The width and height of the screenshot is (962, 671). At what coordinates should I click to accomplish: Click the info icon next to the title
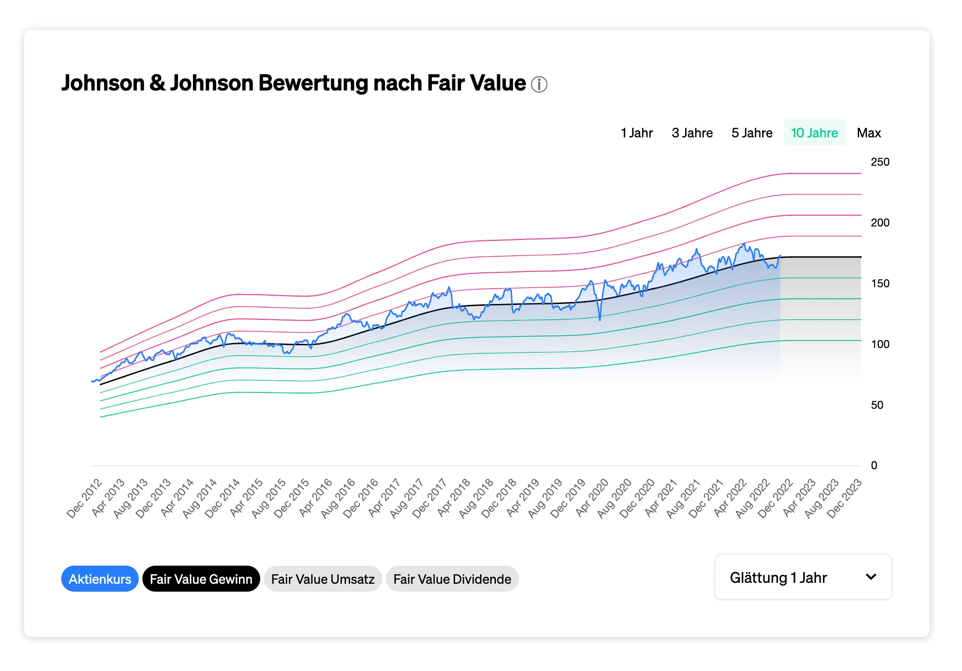pos(539,84)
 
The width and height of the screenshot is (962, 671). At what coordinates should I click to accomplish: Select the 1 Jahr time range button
pos(636,133)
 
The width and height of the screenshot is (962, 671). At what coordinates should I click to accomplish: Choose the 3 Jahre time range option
pos(692,133)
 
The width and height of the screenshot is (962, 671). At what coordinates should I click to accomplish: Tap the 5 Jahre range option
pos(752,133)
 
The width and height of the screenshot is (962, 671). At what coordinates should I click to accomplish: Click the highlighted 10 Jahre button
pos(814,133)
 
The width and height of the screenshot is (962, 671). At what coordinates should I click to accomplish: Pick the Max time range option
pos(869,133)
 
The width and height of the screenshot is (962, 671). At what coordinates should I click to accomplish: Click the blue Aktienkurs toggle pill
pos(100,579)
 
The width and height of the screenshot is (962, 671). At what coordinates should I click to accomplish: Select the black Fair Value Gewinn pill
pos(201,579)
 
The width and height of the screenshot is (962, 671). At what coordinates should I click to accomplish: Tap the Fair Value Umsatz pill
pos(323,579)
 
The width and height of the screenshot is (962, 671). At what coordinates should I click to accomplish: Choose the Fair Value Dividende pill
pos(452,579)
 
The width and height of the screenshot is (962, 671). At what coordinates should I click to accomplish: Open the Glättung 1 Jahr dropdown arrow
pos(871,577)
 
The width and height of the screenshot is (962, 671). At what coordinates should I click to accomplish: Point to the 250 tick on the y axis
pos(880,162)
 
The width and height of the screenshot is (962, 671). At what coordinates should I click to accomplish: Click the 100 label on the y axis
pos(880,344)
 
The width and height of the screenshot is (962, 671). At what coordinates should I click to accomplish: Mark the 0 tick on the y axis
pos(874,465)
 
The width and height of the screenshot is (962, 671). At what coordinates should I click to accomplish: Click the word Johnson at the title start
pos(103,84)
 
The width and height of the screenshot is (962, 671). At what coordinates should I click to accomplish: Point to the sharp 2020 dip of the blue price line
pos(600,319)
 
